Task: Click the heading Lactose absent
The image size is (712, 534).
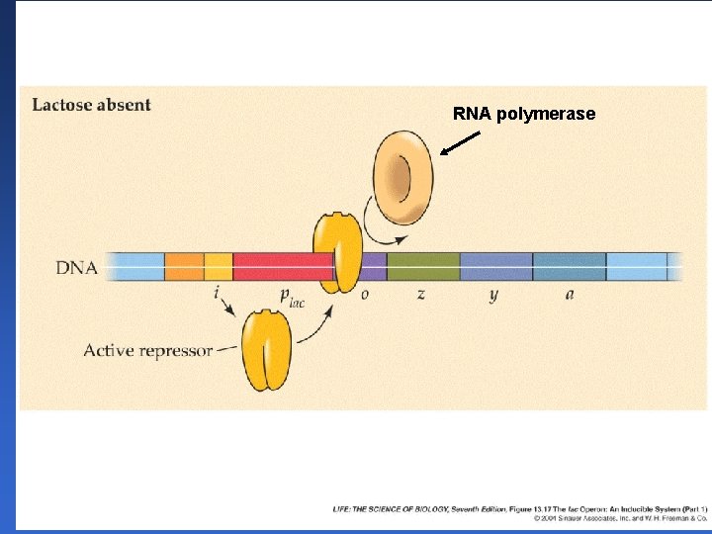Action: tap(92, 105)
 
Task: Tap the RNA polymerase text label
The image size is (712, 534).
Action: tap(524, 114)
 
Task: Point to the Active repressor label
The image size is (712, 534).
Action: tap(148, 350)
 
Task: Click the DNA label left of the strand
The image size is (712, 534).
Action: tap(76, 268)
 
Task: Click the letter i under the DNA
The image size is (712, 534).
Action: tap(216, 294)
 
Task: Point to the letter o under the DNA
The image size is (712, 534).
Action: tap(365, 294)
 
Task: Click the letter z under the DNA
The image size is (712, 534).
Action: tap(421, 294)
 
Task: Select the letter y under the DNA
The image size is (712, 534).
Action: tap(493, 295)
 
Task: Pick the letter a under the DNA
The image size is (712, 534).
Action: tap(570, 294)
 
